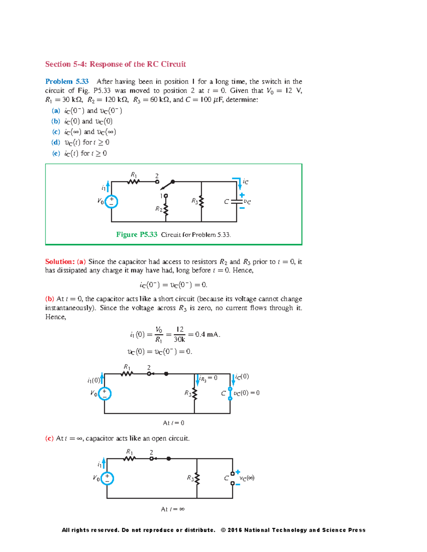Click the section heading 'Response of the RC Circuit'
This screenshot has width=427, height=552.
(138, 64)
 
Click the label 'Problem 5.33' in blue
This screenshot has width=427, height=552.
(67, 81)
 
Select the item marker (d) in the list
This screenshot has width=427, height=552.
(56, 143)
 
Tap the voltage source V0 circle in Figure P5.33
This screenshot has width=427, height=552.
(111, 202)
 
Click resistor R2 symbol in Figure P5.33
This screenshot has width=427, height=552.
(165, 210)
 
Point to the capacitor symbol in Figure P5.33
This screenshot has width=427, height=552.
(236, 202)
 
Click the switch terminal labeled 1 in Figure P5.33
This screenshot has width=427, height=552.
(165, 196)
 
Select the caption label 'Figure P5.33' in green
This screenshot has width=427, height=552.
(137, 235)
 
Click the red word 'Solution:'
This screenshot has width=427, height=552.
(60, 262)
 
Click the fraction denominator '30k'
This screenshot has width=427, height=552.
(179, 339)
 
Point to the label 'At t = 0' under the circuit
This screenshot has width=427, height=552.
(174, 423)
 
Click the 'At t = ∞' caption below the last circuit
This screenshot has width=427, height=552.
(173, 509)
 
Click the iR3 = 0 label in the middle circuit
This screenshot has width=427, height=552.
(209, 378)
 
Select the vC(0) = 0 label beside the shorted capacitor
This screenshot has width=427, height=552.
(247, 393)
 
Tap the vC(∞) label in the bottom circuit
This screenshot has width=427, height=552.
(247, 478)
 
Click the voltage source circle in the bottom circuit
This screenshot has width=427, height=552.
(107, 478)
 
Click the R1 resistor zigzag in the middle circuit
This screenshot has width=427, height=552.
(127, 374)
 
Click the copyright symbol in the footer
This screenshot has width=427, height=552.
(223, 530)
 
